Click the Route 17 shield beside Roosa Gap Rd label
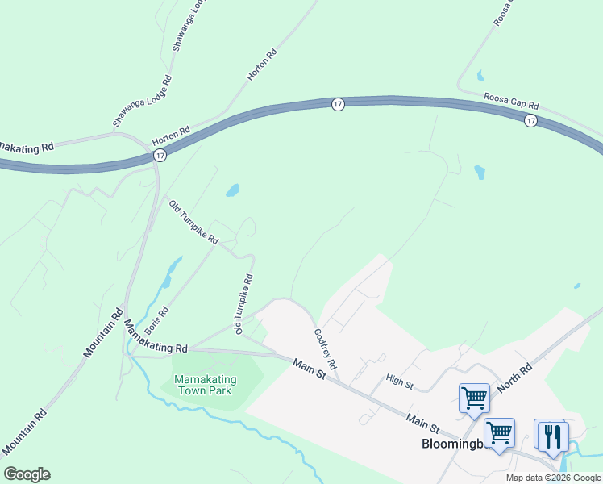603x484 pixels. coord(530,120)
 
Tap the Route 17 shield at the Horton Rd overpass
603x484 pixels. coord(160,155)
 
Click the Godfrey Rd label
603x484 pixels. coord(325,348)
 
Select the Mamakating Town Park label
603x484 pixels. coord(202,385)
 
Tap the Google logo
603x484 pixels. coord(27,474)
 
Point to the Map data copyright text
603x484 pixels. coord(553,478)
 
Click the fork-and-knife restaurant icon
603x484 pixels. coord(552,436)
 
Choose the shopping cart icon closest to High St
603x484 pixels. coord(474,397)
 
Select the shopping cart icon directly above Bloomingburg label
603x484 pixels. coord(499,432)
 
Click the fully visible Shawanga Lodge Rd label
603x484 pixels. coord(143,102)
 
